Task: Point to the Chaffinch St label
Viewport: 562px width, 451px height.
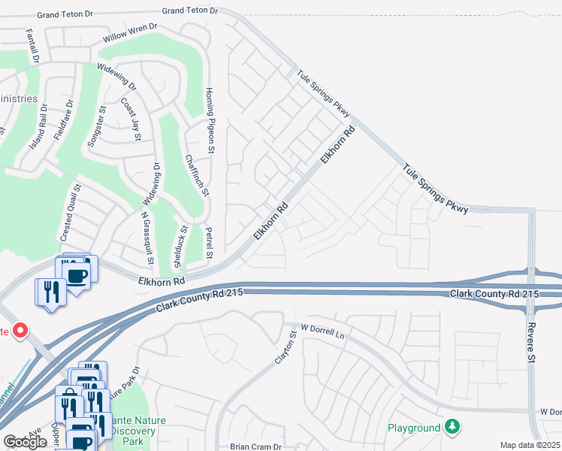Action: [195, 174]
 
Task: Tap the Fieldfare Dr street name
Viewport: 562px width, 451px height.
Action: [64, 120]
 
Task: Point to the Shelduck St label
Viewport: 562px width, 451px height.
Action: [179, 248]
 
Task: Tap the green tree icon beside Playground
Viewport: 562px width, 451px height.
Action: [452, 428]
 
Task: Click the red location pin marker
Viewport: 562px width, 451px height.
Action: [20, 330]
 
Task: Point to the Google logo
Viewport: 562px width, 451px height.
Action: [25, 442]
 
